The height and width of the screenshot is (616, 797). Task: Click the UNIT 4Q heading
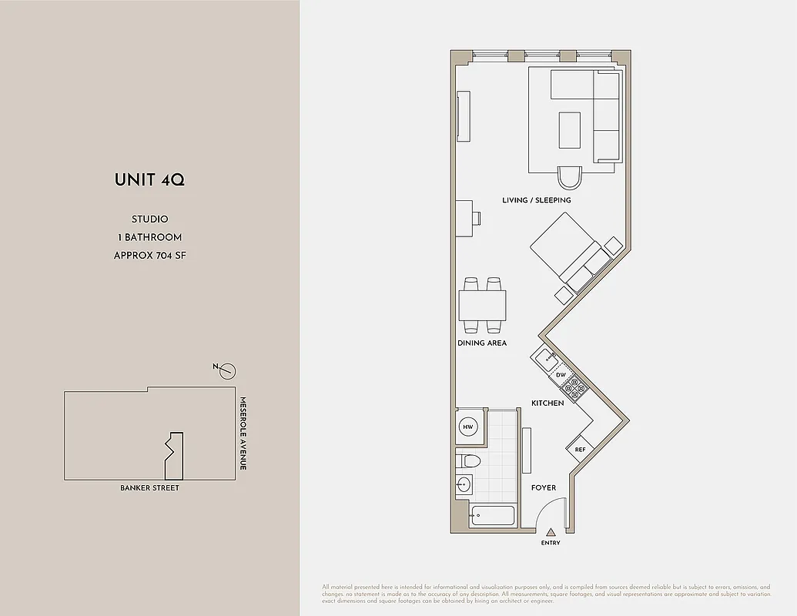(149, 180)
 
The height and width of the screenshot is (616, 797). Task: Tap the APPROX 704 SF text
(149, 255)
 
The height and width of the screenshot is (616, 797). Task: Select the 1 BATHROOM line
(149, 237)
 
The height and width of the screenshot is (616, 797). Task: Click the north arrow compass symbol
(226, 372)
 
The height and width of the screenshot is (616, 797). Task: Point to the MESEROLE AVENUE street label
(242, 434)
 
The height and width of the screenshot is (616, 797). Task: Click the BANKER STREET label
(149, 487)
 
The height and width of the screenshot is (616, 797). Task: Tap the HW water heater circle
(467, 427)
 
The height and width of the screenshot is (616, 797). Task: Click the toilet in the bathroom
(468, 461)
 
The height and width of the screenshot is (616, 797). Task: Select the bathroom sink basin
(464, 484)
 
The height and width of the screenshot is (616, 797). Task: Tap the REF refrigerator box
(580, 450)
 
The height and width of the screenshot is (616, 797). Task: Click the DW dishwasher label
(561, 375)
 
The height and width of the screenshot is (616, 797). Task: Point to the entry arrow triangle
(551, 531)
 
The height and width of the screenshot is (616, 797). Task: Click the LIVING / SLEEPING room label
(537, 200)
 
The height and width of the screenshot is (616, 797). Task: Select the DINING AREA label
(482, 343)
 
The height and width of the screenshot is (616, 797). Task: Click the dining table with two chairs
(483, 306)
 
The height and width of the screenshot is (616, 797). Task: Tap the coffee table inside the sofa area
(570, 129)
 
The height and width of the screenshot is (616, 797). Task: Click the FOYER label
(544, 487)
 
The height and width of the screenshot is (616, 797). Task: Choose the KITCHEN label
(548, 403)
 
